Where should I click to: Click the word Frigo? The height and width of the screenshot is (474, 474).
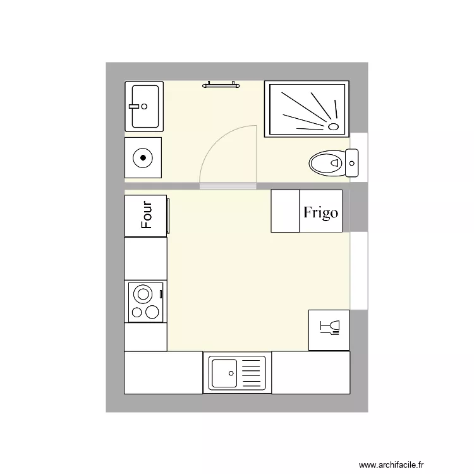(x=320, y=212)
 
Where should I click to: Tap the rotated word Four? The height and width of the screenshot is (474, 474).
(x=147, y=215)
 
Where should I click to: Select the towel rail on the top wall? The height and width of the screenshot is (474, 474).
(x=220, y=84)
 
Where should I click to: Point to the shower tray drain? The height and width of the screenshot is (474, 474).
(x=334, y=126)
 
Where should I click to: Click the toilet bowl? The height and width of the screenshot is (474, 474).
(x=325, y=164)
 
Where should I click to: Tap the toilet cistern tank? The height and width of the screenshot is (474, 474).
(x=351, y=163)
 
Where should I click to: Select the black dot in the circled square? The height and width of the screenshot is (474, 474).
(x=143, y=157)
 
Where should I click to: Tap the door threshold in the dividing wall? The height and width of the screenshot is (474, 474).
(x=228, y=186)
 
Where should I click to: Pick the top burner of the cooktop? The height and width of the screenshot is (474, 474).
(x=143, y=294)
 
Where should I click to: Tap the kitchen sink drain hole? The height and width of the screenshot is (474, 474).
(x=231, y=373)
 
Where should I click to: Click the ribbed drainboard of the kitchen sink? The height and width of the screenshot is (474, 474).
(x=252, y=373)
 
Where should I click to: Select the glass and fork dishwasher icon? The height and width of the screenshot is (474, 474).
(x=329, y=329)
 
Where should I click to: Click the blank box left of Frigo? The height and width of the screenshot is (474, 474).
(x=285, y=211)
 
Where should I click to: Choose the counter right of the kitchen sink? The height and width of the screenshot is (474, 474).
(x=310, y=373)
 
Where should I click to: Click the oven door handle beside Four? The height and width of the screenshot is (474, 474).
(x=168, y=215)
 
